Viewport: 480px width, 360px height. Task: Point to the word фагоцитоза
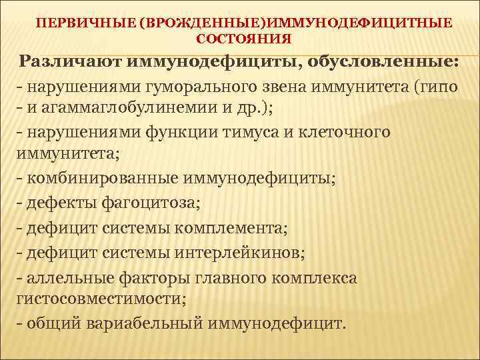140,203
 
